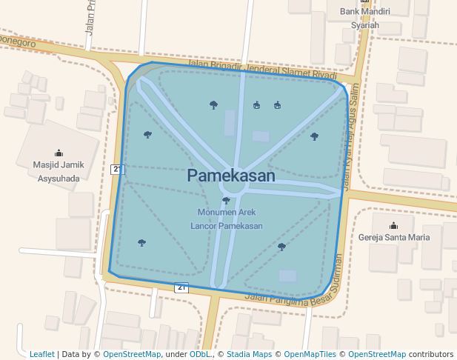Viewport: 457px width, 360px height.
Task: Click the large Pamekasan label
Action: (231, 176)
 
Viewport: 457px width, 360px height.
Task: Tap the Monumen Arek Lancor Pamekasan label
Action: (227, 219)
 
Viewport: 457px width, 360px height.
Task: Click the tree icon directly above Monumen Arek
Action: (226, 200)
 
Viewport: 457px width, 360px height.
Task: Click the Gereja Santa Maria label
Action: (393, 238)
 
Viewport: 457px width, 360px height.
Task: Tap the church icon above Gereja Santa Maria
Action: (393, 225)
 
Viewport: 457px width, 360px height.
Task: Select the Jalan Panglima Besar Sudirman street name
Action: (296, 281)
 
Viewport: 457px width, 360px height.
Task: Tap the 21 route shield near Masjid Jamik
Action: (117, 170)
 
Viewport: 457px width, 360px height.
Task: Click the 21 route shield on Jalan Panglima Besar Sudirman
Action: (181, 287)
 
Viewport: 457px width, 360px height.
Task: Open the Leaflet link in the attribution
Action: (42, 354)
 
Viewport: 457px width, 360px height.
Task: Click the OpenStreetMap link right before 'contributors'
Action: (377, 354)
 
